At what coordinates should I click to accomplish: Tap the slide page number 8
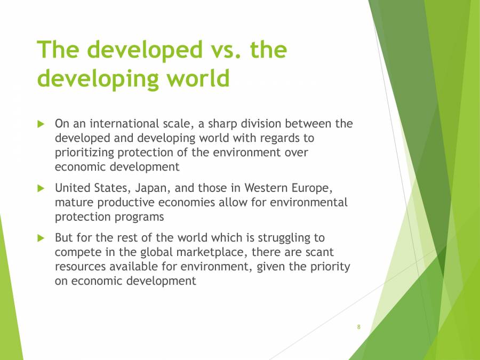(359, 326)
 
